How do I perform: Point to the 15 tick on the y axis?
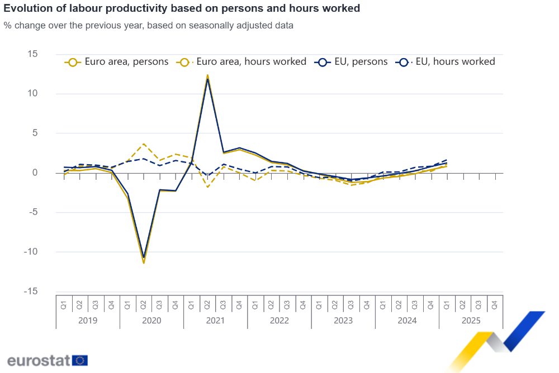point(32,54)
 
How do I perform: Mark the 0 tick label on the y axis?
point(35,173)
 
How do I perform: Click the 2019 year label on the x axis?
point(88,321)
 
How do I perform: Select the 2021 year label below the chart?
point(215,321)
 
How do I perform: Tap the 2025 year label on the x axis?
point(471,321)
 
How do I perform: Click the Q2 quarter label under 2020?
point(144,305)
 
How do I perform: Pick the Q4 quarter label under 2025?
point(494,305)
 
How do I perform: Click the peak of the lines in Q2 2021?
point(207,75)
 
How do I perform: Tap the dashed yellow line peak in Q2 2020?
point(144,144)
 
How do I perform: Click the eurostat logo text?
point(38,360)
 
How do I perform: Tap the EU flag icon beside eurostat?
point(80,360)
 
